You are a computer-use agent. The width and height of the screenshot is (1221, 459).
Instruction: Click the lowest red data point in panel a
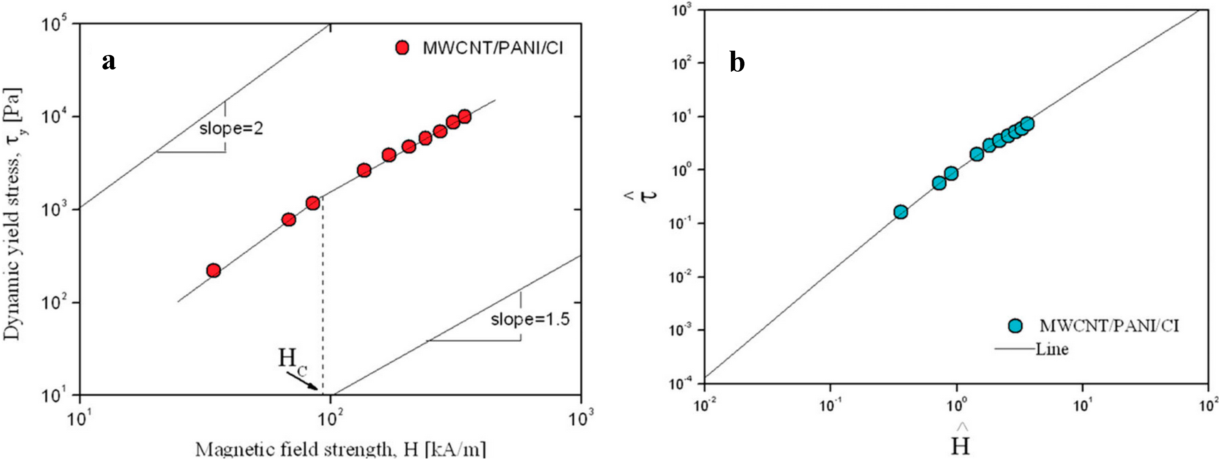(214, 270)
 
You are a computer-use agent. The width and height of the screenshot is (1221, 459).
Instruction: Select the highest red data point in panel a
(465, 116)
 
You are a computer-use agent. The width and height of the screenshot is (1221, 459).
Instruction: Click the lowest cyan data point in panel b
(901, 212)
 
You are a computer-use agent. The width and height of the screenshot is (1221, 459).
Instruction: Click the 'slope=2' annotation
(231, 128)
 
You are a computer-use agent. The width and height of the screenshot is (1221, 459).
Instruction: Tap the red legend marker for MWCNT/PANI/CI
(402, 48)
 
